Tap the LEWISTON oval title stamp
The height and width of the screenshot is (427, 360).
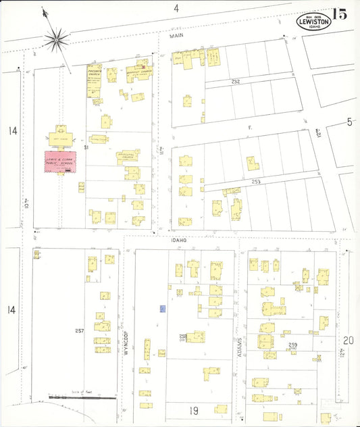[314, 21]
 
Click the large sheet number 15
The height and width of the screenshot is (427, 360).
[340, 15]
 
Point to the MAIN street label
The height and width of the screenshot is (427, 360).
[176, 39]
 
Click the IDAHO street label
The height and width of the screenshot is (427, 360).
[178, 239]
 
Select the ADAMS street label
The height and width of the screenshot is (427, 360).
[240, 345]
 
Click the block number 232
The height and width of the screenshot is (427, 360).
[235, 81]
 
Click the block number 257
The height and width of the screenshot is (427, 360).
[79, 330]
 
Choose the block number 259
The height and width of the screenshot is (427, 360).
[292, 345]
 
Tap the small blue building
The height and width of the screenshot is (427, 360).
[163, 309]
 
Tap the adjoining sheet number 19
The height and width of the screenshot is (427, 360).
[193, 410]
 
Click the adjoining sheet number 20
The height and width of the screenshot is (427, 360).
[348, 341]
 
